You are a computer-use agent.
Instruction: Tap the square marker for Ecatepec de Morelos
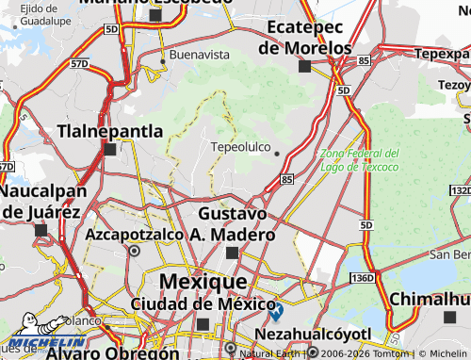click(x=304, y=66)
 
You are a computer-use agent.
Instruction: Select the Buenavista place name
click(x=199, y=55)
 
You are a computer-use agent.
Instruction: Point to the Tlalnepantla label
click(x=110, y=131)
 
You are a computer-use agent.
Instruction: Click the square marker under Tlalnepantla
click(x=110, y=149)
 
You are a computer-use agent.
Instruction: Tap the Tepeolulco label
click(x=241, y=148)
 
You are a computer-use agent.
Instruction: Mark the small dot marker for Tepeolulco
click(x=277, y=155)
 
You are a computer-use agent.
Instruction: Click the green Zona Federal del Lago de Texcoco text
click(x=359, y=159)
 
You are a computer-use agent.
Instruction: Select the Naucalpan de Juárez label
click(x=41, y=201)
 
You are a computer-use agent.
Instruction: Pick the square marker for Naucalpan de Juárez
click(x=41, y=229)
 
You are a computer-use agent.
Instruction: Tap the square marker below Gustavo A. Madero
click(x=233, y=253)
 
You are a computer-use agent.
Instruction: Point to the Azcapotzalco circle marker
click(x=134, y=252)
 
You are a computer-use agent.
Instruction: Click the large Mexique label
click(x=203, y=281)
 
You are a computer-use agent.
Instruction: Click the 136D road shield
click(x=362, y=280)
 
